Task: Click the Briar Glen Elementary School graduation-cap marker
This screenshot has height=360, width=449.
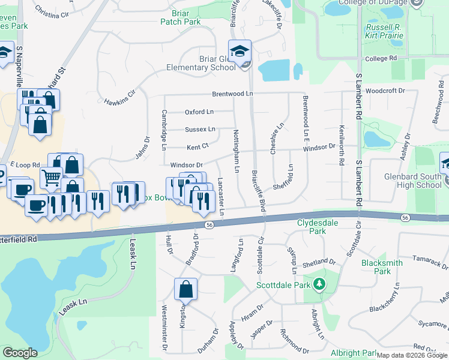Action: (239, 50)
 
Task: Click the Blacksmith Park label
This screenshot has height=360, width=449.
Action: (376, 267)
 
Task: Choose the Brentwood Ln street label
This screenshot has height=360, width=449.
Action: (232, 94)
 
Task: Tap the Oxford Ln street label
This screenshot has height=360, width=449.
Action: (199, 112)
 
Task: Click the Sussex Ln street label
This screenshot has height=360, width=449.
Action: (199, 130)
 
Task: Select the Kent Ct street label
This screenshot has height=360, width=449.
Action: (197, 146)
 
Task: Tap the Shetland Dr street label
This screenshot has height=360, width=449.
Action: (319, 262)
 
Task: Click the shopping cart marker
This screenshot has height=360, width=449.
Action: (51, 177)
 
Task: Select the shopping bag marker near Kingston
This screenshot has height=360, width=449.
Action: (185, 289)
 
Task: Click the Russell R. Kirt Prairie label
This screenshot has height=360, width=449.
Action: (384, 32)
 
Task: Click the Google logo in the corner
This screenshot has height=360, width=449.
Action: (20, 353)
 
